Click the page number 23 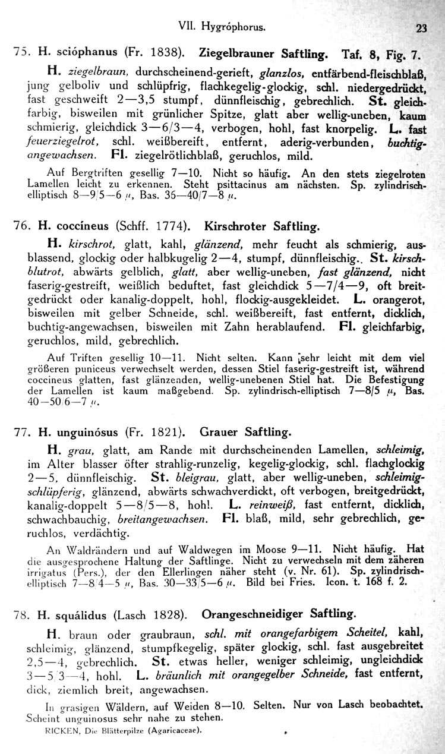point(422,27)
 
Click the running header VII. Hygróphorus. point(220,26)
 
